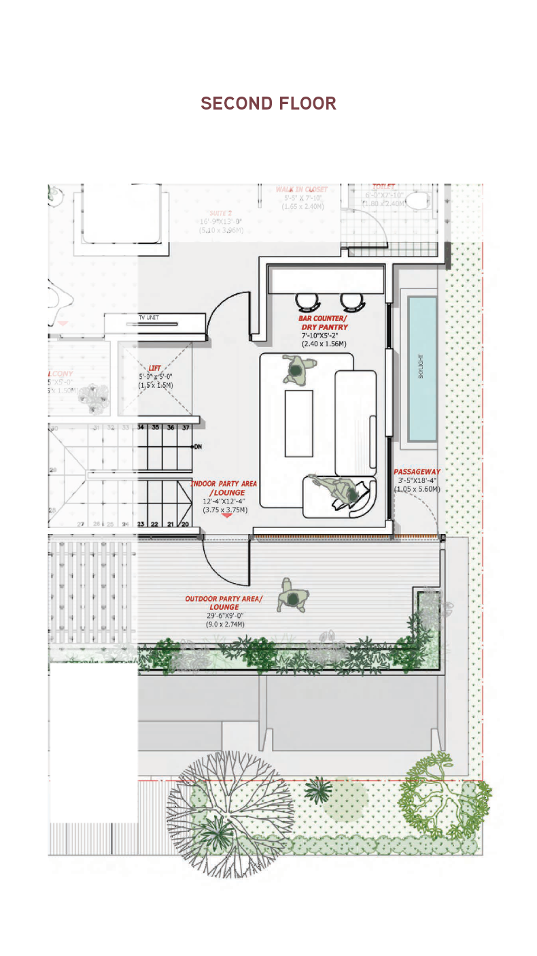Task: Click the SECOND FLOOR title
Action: (268, 103)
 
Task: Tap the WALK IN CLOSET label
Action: (301, 189)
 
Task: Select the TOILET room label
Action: (383, 186)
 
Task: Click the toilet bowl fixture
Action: (420, 199)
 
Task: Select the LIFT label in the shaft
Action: (155, 368)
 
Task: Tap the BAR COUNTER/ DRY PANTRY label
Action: (323, 323)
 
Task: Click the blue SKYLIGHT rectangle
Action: (421, 368)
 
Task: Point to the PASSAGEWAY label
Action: (417, 472)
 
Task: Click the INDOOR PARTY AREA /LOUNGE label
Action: (224, 488)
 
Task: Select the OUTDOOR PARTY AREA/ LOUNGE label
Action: (224, 603)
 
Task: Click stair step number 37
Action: (185, 427)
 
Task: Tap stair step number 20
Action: (185, 524)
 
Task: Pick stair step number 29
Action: (53, 470)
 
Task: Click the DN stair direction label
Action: (198, 447)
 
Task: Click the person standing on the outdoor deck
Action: (293, 597)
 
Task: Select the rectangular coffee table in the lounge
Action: (298, 423)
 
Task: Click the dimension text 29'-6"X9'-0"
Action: (225, 615)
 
